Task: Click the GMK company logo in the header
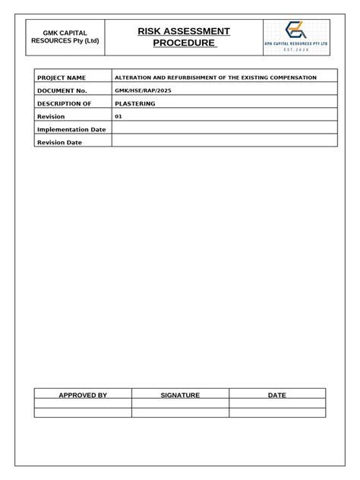click(296, 37)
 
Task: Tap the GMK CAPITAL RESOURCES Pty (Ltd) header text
click(65, 37)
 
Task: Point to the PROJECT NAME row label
click(62, 77)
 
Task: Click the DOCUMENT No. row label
click(62, 90)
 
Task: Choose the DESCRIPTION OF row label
click(64, 103)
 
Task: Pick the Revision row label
click(51, 116)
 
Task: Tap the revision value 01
click(118, 116)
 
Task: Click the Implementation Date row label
click(71, 129)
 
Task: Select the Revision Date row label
click(59, 142)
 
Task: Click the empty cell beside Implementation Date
click(224, 129)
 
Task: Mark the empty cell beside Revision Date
click(224, 142)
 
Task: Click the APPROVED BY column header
click(83, 396)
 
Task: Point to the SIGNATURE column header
click(180, 396)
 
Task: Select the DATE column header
click(277, 396)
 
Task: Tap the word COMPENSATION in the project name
click(289, 77)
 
